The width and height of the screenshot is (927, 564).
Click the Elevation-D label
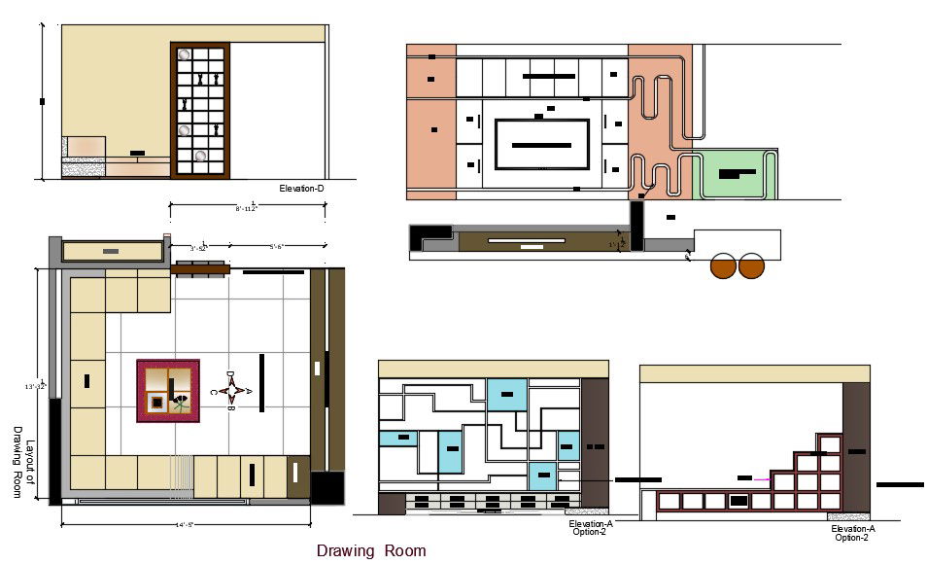[301, 188]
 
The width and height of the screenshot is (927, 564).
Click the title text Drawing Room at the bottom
[371, 551]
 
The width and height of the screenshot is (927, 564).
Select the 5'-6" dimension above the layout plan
[276, 247]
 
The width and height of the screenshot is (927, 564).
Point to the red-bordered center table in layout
[168, 391]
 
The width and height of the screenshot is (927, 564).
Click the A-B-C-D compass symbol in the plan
[231, 391]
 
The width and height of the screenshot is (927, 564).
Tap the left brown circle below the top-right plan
[723, 265]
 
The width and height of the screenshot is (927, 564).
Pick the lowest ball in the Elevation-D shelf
[200, 156]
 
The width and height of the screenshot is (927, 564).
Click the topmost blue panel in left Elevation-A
[506, 394]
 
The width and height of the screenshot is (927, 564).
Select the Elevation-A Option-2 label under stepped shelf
[852, 533]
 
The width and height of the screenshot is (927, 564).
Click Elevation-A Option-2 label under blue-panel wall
[591, 528]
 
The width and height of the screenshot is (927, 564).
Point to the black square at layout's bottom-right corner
[327, 488]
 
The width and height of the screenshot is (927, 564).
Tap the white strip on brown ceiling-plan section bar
[526, 239]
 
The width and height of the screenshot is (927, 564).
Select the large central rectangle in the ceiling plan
[541, 145]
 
